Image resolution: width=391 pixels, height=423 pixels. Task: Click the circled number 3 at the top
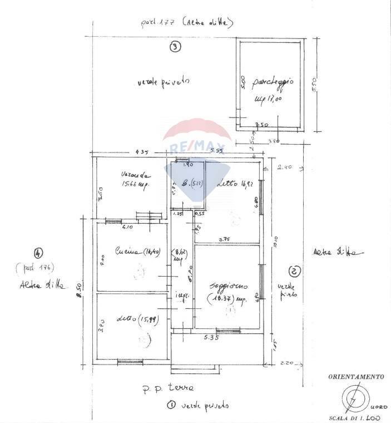click(175, 47)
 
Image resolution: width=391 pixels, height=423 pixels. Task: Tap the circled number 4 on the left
click(37, 252)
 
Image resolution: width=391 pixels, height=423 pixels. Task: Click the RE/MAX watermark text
click(199, 147)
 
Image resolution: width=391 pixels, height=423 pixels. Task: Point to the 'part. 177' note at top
click(159, 23)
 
